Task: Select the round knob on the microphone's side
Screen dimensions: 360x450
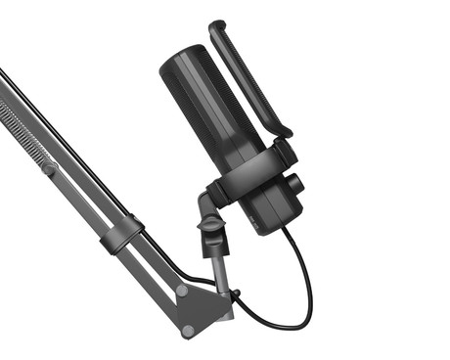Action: [292, 184]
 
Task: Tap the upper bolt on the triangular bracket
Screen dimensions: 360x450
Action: [183, 291]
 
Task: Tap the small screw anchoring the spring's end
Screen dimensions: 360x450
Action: [47, 168]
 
